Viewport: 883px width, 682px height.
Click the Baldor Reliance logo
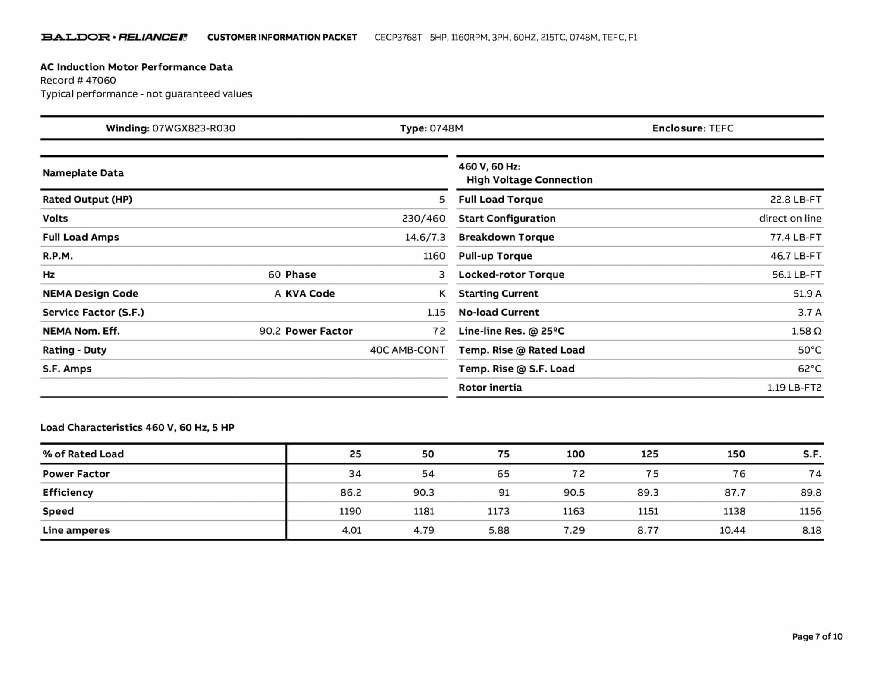(114, 37)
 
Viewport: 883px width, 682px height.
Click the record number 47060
(101, 80)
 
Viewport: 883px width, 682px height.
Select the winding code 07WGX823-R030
(194, 128)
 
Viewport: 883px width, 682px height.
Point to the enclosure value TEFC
(721, 128)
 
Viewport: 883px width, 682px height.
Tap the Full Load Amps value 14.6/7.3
(425, 237)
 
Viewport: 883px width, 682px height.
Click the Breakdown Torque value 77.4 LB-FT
(795, 237)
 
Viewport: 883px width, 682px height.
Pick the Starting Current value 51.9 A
(807, 294)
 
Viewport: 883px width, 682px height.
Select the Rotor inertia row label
(490, 387)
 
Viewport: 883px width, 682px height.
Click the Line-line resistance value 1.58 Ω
(806, 331)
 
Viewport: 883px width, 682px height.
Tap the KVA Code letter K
(442, 294)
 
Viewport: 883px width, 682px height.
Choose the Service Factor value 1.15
(436, 312)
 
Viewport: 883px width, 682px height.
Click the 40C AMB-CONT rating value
(407, 350)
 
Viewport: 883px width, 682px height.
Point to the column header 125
(649, 454)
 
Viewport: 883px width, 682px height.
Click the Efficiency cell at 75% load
(504, 492)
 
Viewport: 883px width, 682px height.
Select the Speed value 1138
(734, 511)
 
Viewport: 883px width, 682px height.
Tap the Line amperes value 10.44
(732, 530)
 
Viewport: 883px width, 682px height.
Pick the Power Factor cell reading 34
(355, 474)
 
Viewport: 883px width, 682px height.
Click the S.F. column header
(812, 454)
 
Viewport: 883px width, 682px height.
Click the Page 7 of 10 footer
(817, 636)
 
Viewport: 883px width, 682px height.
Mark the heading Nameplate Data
(83, 173)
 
